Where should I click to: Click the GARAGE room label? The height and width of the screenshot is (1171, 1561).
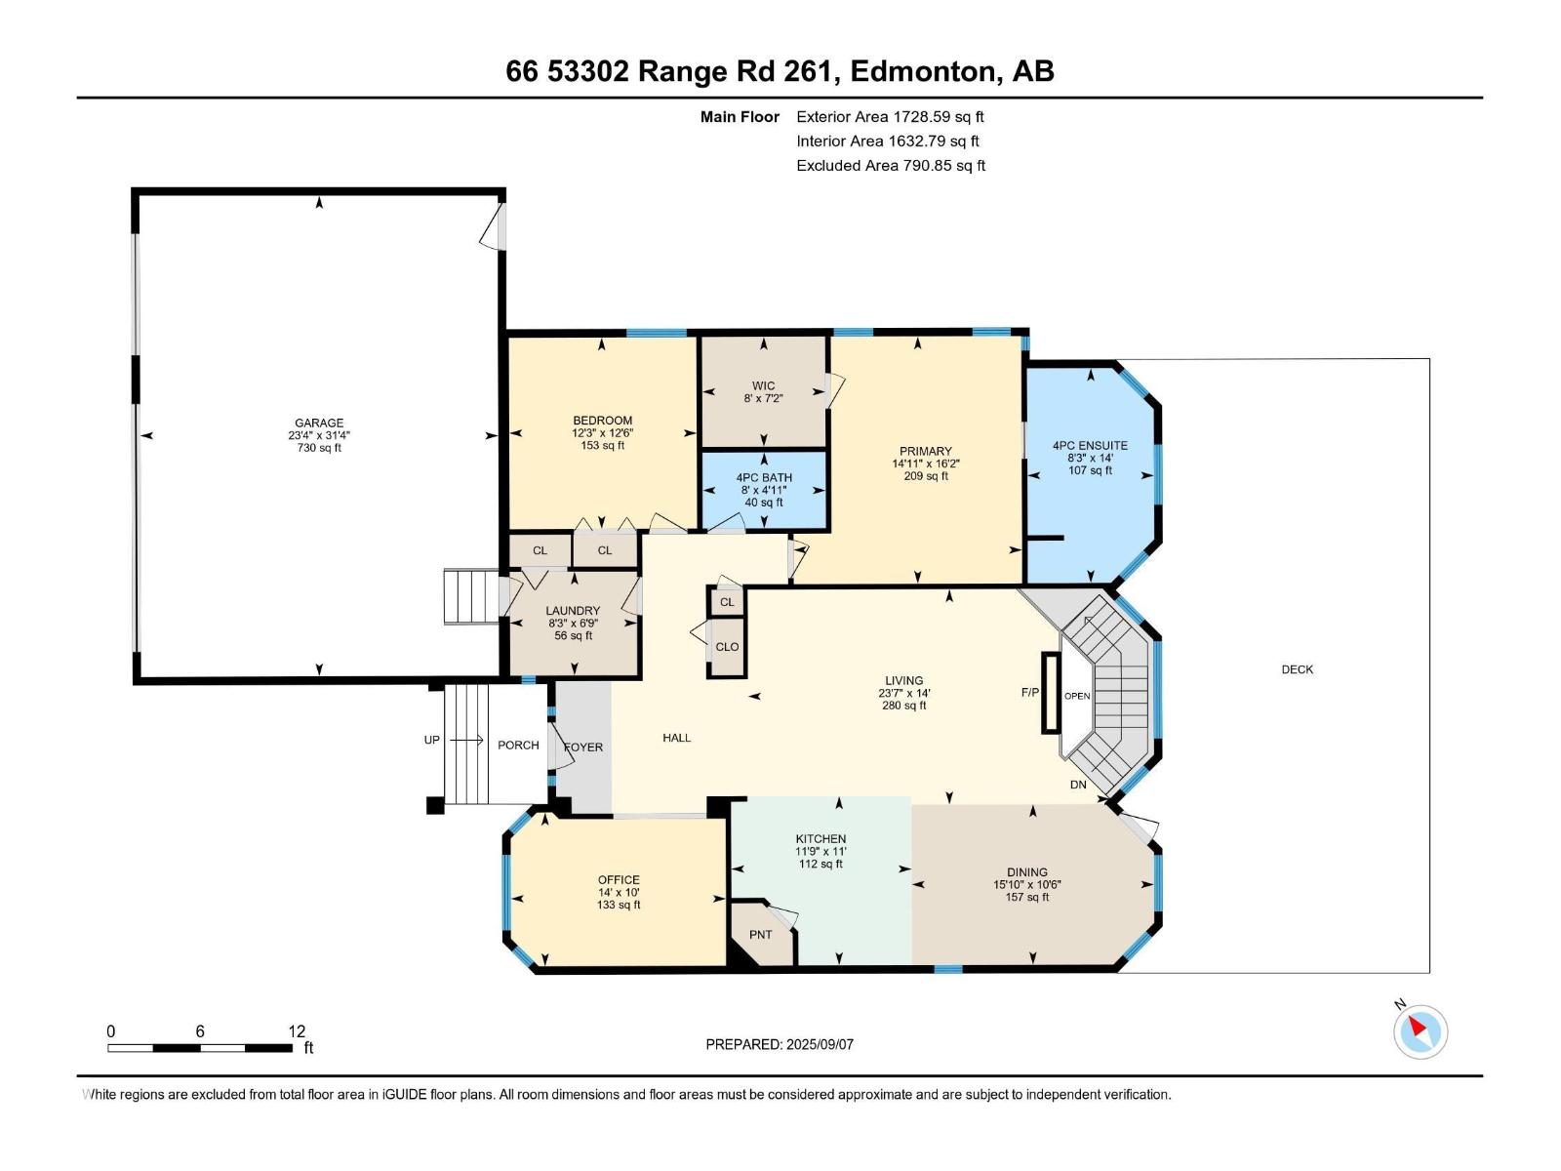[x=319, y=424]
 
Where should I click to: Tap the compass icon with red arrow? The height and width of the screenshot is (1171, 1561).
[x=1420, y=1031]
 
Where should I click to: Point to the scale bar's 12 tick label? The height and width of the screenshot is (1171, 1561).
[x=297, y=1030]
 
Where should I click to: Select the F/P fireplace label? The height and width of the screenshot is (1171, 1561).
[x=1029, y=692]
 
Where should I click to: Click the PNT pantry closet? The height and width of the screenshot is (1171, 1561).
[x=761, y=935]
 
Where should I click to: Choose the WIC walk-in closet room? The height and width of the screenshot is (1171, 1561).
[x=763, y=391]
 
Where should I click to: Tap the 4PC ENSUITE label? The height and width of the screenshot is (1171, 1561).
[x=1090, y=445]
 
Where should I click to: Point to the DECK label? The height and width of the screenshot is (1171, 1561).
[x=1297, y=669]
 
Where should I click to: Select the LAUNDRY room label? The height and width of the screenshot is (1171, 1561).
[x=573, y=611]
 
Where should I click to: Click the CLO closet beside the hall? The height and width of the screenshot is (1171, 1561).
[x=727, y=647]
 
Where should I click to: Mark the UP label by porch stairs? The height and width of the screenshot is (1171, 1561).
[x=431, y=740]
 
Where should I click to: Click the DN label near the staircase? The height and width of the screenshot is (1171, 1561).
[x=1078, y=785]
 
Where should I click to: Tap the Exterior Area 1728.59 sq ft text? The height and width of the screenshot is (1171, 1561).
[x=890, y=116]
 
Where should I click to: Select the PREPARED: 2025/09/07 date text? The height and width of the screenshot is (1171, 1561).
[x=780, y=1044]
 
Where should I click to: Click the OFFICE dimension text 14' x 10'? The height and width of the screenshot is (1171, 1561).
[x=619, y=892]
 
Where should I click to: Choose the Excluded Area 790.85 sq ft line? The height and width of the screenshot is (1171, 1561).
[x=890, y=165]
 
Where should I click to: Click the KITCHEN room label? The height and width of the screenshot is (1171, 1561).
[x=821, y=838]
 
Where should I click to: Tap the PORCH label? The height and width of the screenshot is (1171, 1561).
[x=518, y=745]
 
